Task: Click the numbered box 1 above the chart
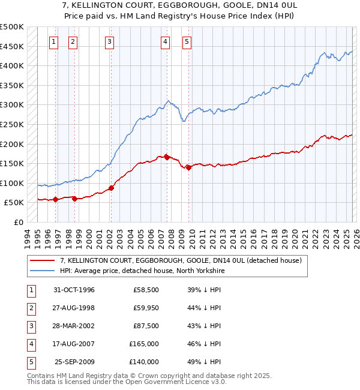coord(54,41)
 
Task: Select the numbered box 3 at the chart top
coord(110,41)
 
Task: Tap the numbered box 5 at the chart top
coord(187,41)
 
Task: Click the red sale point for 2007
coord(166,157)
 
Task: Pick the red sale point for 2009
coord(188,167)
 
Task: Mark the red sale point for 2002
coord(112,188)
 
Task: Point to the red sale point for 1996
coord(55,199)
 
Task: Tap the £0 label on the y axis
coord(18,223)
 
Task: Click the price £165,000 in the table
coord(144,344)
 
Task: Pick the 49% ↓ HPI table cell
coord(203,362)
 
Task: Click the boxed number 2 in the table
coord(29,308)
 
